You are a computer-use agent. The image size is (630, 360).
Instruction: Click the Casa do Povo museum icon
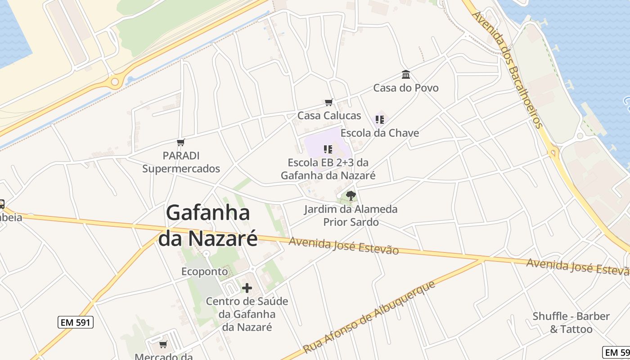[x=406, y=74]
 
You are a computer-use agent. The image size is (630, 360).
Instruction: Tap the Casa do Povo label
[x=406, y=88]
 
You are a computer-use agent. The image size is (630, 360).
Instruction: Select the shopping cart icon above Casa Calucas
[x=329, y=103]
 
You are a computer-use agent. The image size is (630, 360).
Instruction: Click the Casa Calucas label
[x=329, y=116]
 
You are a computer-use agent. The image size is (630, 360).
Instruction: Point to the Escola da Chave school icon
[x=380, y=120]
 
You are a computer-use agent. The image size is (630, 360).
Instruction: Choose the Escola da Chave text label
[x=380, y=133]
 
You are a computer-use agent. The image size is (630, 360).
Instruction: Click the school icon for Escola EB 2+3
[x=328, y=149]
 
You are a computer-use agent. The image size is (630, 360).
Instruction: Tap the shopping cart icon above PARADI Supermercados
[x=181, y=143]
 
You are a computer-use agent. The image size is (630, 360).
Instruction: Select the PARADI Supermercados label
[x=181, y=162]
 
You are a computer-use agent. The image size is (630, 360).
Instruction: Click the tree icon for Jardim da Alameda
[x=351, y=196]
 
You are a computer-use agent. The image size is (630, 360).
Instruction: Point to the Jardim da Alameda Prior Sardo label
[x=351, y=216]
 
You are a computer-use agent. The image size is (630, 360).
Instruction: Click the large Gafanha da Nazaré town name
[x=208, y=225]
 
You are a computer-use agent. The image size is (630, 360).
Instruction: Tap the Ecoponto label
[x=205, y=271]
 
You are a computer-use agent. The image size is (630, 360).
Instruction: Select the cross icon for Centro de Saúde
[x=247, y=288]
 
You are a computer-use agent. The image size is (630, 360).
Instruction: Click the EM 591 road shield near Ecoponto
[x=76, y=322]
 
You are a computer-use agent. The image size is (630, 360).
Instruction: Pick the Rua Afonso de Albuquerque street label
[x=369, y=317]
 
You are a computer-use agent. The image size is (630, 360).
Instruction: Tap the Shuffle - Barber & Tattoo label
[x=571, y=323]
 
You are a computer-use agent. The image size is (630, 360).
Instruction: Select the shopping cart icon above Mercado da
[x=163, y=345]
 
